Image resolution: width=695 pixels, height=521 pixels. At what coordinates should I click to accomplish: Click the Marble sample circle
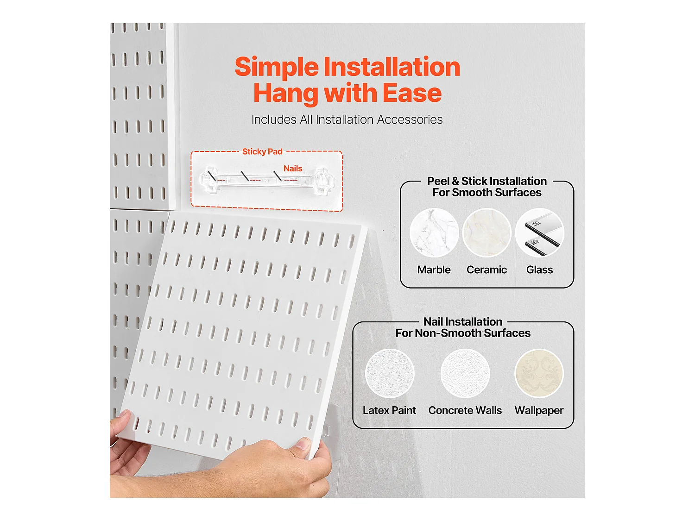coord(434,232)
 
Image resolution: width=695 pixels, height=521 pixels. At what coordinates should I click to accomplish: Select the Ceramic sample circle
coord(486,232)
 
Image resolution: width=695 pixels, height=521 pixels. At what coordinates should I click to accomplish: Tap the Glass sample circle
coord(539,232)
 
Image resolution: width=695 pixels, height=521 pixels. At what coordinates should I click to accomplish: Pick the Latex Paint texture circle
coord(390,373)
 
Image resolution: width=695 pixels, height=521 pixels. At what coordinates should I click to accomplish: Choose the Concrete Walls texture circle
coord(465,373)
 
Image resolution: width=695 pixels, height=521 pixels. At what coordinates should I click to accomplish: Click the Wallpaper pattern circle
coord(539,373)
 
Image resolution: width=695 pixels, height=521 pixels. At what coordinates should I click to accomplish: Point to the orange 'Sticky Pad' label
coord(262,151)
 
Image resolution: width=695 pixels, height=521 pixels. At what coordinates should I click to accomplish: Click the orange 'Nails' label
coord(293,169)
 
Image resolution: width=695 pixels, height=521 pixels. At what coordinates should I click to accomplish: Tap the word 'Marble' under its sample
coord(434,270)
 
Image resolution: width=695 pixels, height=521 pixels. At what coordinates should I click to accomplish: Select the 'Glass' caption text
coord(539,270)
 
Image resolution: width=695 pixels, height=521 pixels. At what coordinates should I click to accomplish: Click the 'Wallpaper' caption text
coord(539,410)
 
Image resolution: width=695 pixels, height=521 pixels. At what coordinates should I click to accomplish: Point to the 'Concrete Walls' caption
coord(465,410)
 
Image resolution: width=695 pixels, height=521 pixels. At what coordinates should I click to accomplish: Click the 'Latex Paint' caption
coord(389,410)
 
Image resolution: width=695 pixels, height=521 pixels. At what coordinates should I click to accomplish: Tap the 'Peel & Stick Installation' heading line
coord(487,181)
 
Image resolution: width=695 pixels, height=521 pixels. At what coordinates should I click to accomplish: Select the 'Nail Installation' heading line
coord(463,322)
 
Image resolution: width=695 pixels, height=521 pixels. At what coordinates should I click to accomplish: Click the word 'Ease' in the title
coord(412,93)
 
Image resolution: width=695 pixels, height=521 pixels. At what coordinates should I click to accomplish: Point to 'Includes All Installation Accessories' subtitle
coord(347,119)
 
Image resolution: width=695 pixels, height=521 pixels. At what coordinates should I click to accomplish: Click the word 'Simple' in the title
coord(277,67)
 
